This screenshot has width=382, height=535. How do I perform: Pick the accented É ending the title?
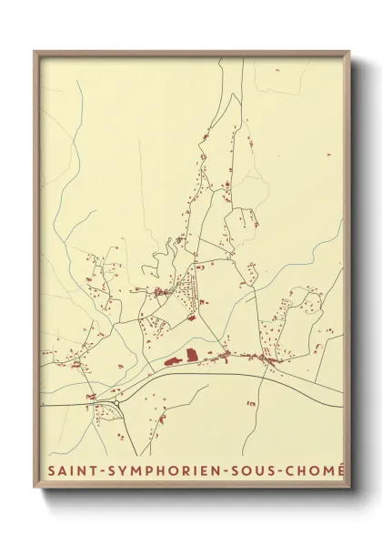coord(341,470)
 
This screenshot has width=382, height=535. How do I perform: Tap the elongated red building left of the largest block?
coord(171,361)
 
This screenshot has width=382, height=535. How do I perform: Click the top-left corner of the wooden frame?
coord(35,52)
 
